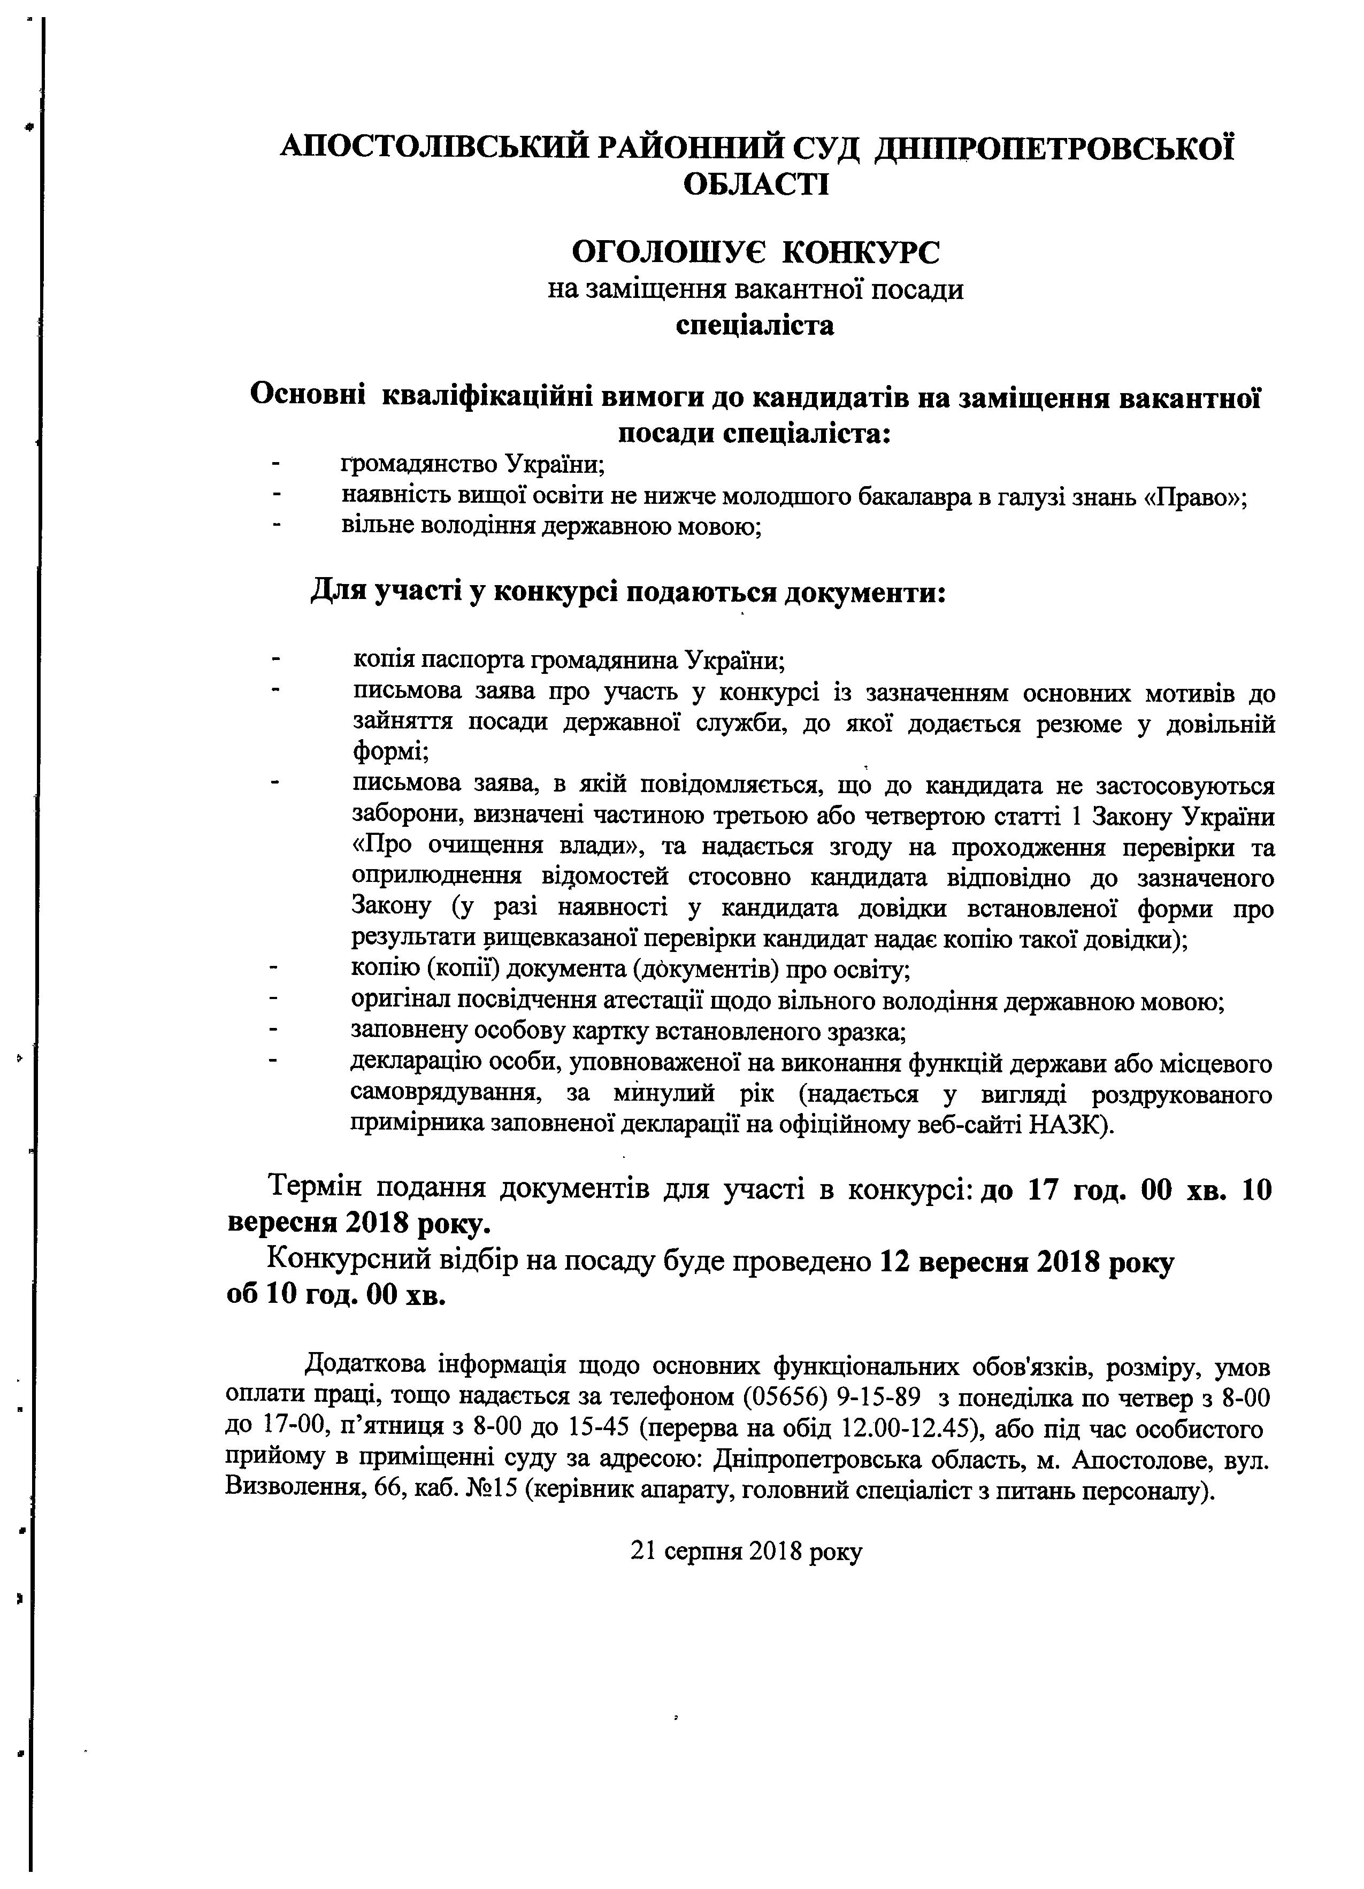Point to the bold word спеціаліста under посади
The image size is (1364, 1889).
(755, 325)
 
